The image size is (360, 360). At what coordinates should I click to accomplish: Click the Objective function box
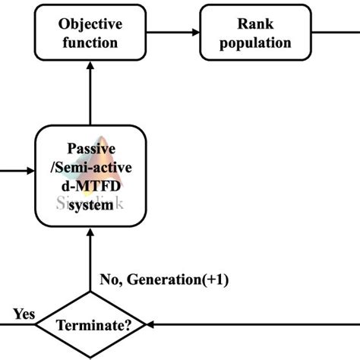(90, 33)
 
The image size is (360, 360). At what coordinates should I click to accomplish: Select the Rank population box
(245, 33)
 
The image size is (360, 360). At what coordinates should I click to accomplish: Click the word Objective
(90, 24)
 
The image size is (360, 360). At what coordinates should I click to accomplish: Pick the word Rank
(245, 24)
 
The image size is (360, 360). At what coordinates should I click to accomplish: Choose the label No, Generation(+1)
(164, 280)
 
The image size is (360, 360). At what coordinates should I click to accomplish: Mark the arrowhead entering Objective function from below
(90, 69)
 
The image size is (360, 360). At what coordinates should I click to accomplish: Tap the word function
(90, 42)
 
